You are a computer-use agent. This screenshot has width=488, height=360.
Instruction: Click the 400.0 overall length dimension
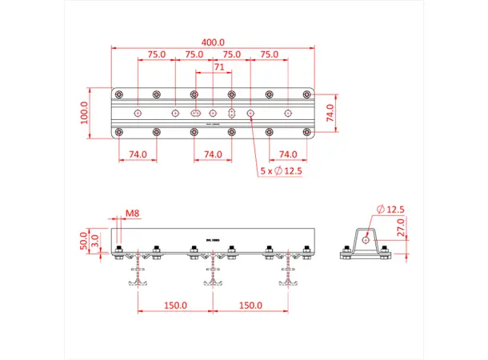tap(213, 42)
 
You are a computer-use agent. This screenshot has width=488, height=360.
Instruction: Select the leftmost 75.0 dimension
tap(157, 55)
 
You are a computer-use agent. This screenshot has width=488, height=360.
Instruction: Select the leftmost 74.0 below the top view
tap(138, 154)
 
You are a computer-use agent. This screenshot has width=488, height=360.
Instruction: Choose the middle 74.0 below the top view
tap(213, 154)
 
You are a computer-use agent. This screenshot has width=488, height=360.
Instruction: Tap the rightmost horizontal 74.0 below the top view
tap(288, 154)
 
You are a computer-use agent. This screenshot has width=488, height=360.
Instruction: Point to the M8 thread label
tap(133, 214)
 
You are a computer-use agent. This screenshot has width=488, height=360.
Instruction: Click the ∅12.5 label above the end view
tap(392, 210)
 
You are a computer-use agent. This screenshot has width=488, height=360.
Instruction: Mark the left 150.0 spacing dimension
tap(175, 305)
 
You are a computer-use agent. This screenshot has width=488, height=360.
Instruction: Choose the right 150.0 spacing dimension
tap(250, 305)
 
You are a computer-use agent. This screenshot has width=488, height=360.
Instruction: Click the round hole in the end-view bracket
tap(366, 238)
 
